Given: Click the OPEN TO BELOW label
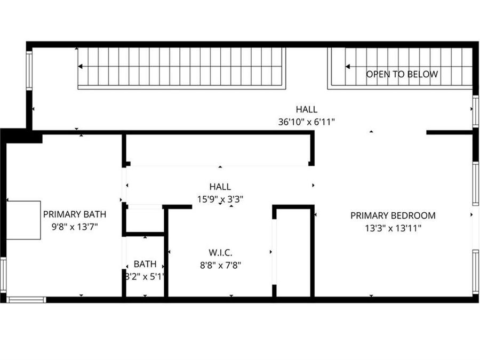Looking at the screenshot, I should [402, 74].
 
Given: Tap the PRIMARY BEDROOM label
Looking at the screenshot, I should [393, 215].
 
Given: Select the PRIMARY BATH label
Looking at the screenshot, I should [75, 214].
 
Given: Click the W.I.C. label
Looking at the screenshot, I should [220, 252].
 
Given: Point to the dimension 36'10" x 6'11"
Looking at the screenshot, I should [306, 122].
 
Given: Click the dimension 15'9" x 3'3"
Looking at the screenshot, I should [220, 198].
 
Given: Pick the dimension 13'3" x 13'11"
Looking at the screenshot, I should [393, 228].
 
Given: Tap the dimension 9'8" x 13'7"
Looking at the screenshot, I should [75, 226].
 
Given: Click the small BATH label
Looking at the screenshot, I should [145, 263].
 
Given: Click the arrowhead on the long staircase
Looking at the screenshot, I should [81, 67].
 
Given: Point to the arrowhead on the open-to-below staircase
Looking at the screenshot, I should [348, 67].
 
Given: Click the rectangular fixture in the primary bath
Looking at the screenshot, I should [23, 220].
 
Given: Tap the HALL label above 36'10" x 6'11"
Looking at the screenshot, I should [306, 110].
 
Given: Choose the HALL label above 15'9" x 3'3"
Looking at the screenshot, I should [220, 187].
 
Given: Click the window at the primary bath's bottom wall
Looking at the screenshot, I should [26, 299].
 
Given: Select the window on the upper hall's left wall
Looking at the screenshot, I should [29, 70].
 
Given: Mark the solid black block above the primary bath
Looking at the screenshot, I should [24, 136].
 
